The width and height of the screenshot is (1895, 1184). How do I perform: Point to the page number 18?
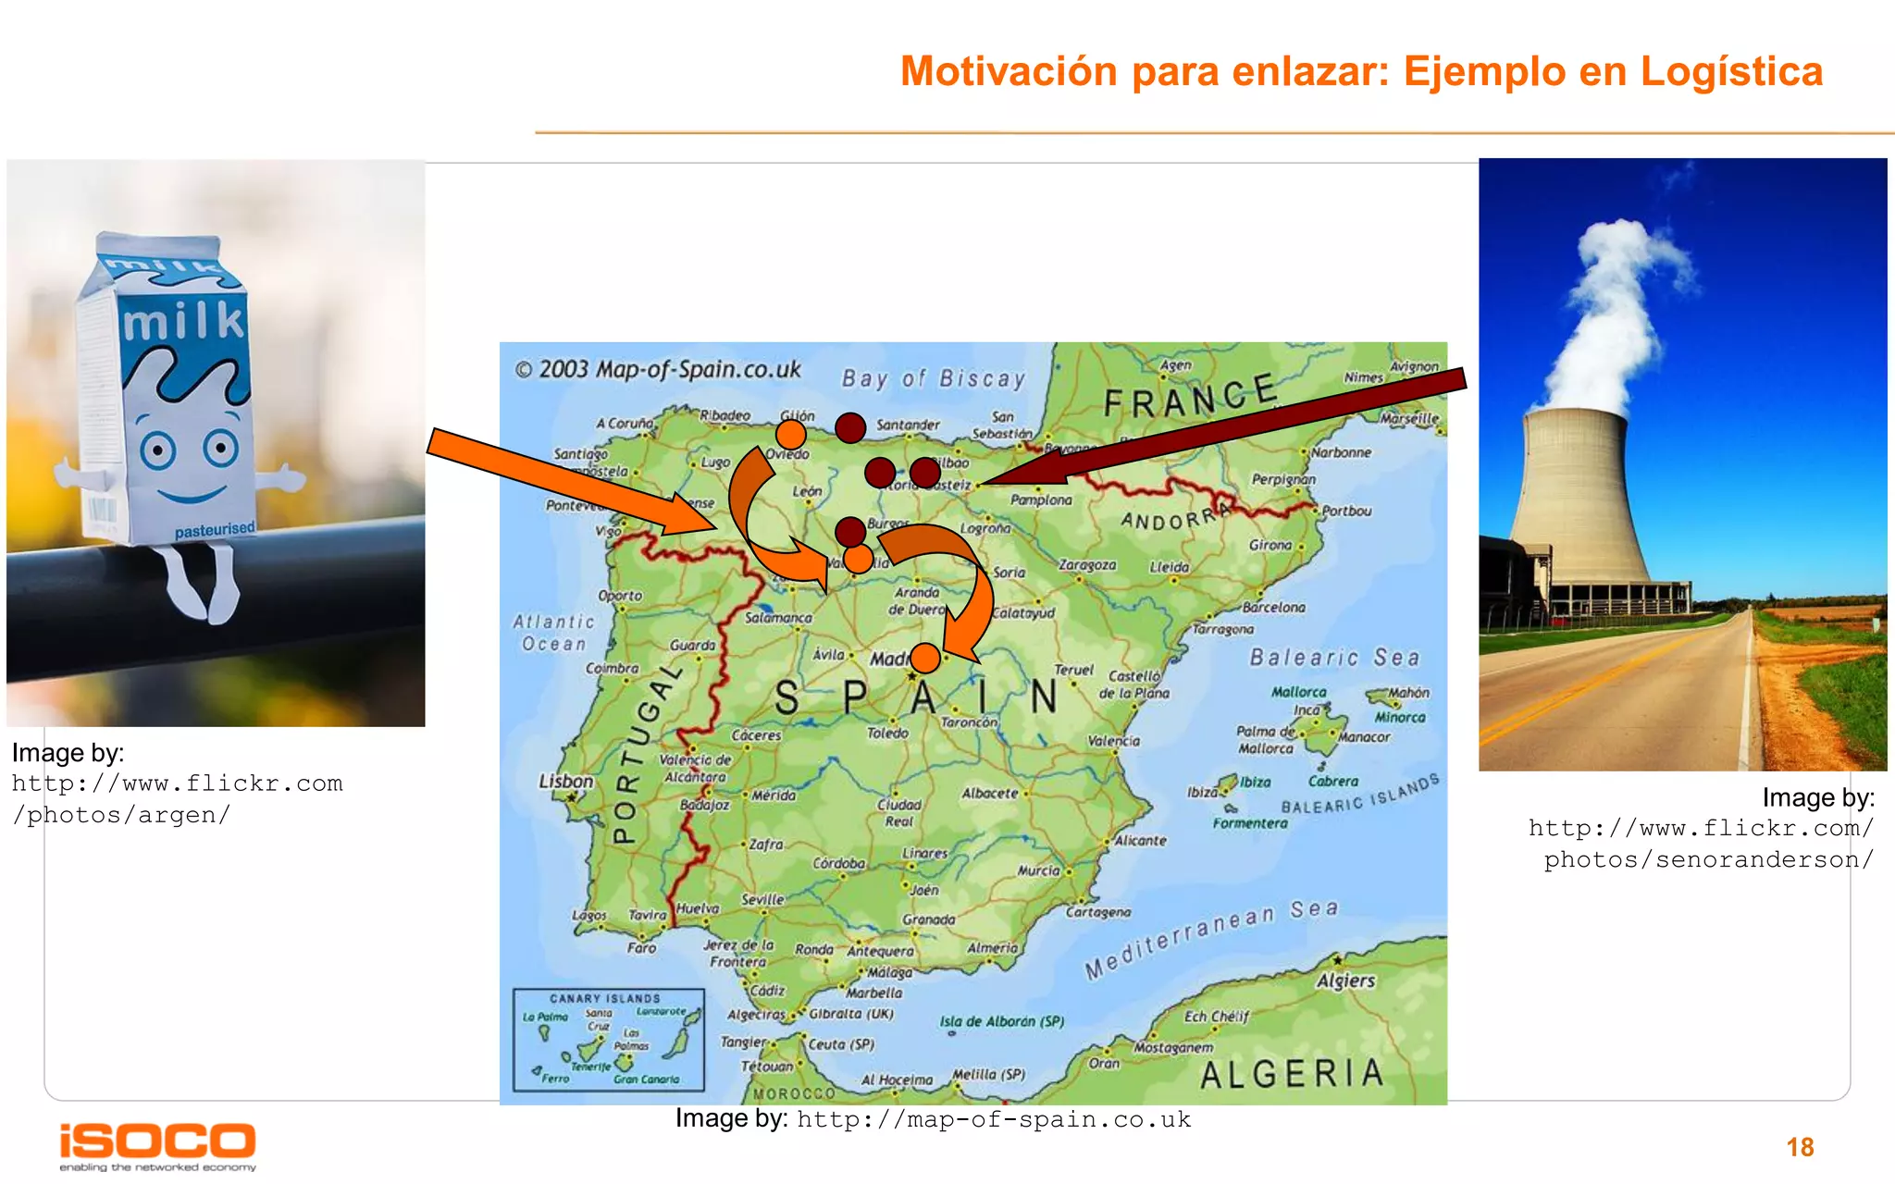[x=1800, y=1147]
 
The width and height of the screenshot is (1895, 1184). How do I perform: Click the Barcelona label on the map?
[x=1274, y=608]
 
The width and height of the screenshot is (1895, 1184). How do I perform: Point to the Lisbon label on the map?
[x=566, y=781]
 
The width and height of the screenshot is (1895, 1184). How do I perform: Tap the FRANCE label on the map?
[x=1190, y=397]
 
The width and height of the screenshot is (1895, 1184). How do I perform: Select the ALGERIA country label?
[x=1292, y=1074]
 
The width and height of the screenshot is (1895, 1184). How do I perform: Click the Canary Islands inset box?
[x=608, y=1040]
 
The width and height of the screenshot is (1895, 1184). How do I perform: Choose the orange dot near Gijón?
[x=791, y=434]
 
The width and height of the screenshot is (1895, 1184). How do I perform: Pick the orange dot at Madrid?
[x=924, y=658]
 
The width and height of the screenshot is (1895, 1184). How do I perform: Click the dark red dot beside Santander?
[x=850, y=427]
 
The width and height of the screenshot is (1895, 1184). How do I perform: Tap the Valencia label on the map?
[x=1113, y=741]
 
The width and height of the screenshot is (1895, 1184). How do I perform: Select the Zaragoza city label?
[x=1087, y=564]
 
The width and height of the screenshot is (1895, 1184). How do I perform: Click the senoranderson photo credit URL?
[x=1701, y=844]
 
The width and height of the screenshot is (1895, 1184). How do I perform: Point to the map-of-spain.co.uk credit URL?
[x=994, y=1119]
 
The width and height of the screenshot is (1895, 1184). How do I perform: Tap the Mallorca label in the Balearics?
[x=1298, y=692]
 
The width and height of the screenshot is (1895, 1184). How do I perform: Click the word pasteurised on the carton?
[x=215, y=530]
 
